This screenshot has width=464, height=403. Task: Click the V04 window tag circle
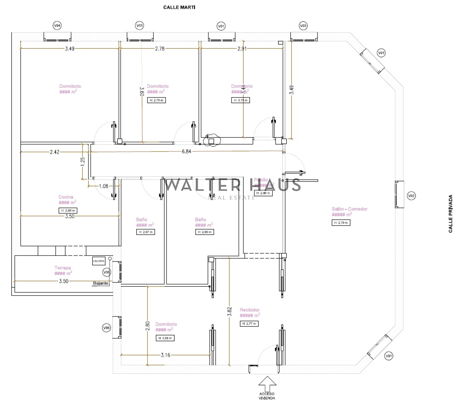point(57,26)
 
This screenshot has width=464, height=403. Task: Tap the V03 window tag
point(303,26)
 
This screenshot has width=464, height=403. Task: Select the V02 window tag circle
point(411,196)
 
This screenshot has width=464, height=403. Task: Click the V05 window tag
point(107,272)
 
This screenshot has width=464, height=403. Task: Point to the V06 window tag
point(107,328)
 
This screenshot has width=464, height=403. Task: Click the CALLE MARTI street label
point(179,7)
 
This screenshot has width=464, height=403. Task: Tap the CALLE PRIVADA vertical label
point(450,214)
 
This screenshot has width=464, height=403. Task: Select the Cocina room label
point(66,197)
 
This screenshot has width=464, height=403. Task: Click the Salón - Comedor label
point(349,209)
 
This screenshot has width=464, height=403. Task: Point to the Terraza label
point(63,268)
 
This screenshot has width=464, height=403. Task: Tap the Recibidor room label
point(250,310)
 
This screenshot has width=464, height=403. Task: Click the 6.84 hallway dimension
point(186,151)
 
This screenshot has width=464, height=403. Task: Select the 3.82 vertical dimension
point(230,311)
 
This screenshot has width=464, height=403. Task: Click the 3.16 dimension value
point(165,355)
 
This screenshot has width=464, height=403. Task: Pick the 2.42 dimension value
point(55,152)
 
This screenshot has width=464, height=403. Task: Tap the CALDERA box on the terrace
point(99,261)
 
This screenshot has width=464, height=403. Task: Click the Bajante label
point(101,283)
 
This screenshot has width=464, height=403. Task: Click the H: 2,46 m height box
point(263,193)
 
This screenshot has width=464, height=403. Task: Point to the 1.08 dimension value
point(104,186)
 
